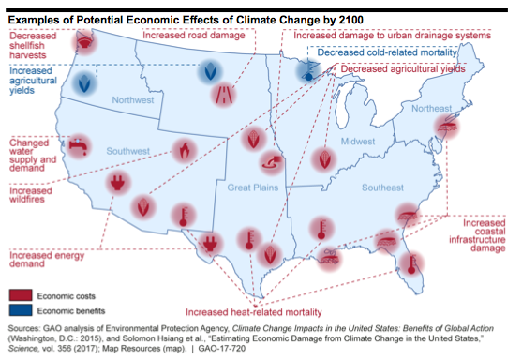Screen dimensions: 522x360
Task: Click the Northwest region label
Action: point(133,100)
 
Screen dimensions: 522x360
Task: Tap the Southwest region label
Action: point(127,151)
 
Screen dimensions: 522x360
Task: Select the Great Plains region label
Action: point(253,187)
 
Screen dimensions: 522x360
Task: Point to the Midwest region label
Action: point(358,142)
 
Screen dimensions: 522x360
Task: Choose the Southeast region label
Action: point(383,187)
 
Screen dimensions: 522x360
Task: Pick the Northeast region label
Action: point(431,108)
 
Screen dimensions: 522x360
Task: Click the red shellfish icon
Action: point(84,42)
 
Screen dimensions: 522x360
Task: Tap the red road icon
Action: point(223,95)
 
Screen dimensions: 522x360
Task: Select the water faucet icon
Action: point(79,146)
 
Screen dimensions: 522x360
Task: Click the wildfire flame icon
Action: point(184,151)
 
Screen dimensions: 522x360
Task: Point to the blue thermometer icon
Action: point(308,71)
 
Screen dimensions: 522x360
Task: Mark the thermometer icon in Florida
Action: point(411,263)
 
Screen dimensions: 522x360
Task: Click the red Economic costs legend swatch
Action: point(21,295)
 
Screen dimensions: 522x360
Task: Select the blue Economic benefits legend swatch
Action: point(21,310)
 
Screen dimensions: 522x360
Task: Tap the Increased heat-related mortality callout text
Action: point(254,312)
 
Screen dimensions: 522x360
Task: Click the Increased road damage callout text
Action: point(194,36)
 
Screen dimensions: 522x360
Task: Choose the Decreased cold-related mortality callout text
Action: point(387,52)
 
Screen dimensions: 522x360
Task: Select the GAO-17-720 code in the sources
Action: point(222,349)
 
